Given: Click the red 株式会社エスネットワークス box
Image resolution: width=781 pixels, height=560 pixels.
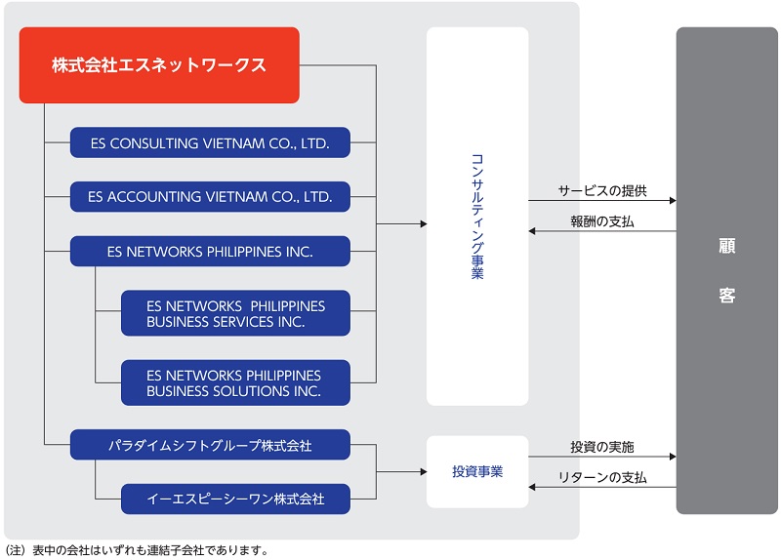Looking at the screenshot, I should (x=158, y=65).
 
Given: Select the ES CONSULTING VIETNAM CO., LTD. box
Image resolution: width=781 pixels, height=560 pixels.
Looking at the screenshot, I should (x=210, y=143).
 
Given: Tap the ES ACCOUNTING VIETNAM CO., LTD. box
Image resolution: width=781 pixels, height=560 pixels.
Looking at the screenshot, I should (x=210, y=196).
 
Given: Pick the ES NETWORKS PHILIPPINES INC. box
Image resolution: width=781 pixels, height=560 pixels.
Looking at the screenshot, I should (x=210, y=251).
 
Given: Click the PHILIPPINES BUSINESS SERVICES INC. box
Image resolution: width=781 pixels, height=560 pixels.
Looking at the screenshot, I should (x=235, y=313).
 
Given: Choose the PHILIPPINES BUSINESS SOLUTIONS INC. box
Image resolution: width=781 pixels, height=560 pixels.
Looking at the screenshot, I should (x=235, y=382).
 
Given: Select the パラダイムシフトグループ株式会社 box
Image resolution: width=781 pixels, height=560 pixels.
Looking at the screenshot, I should (x=210, y=445).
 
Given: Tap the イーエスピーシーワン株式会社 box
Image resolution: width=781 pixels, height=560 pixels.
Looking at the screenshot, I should (x=235, y=499).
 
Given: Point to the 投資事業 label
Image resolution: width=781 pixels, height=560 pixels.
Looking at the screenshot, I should (x=477, y=472).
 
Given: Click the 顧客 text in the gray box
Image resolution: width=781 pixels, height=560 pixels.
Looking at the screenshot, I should (x=726, y=270).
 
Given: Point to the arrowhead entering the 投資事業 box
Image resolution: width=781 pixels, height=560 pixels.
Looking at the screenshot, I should (x=422, y=472).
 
